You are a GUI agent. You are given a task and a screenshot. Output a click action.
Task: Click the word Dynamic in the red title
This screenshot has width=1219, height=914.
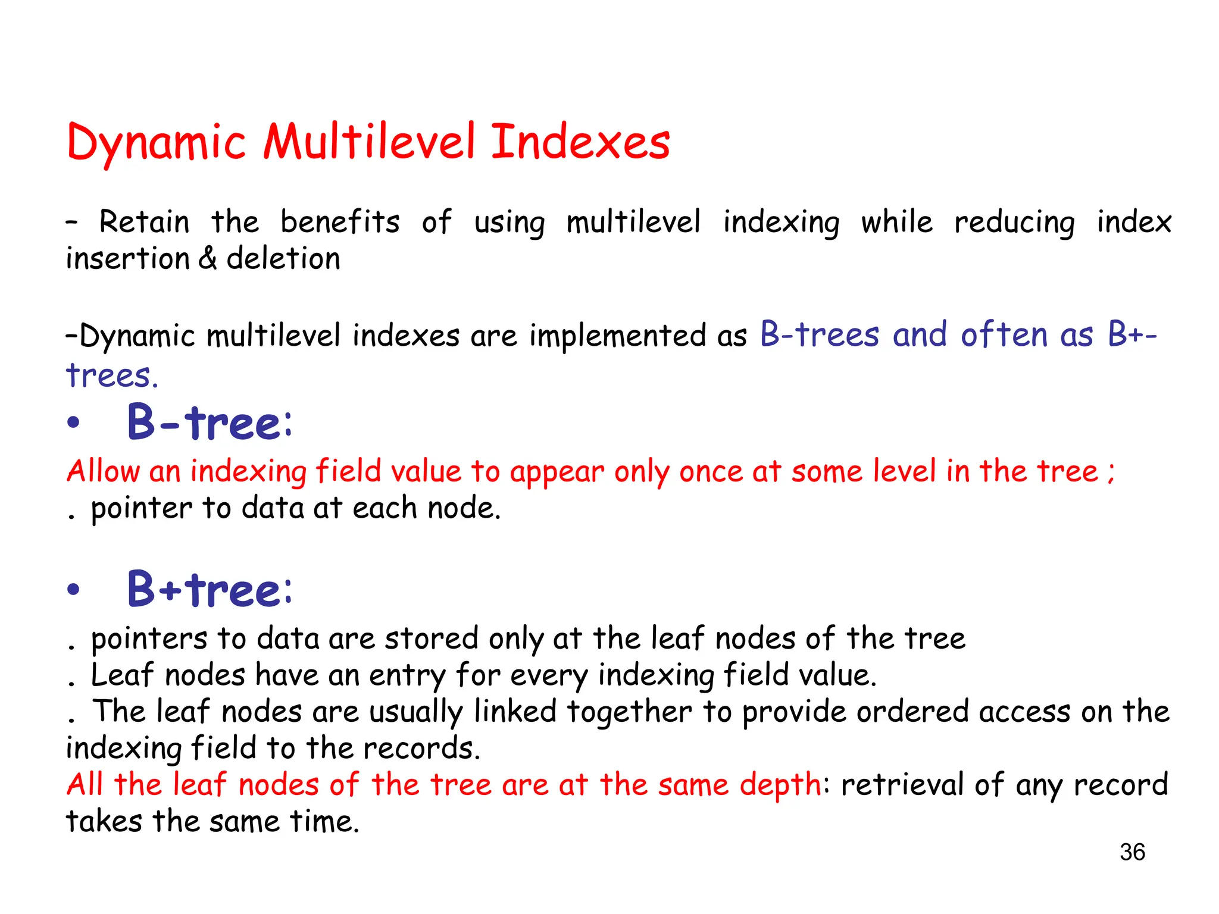[x=156, y=143]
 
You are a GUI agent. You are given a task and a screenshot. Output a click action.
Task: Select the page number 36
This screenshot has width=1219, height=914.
[x=1132, y=852]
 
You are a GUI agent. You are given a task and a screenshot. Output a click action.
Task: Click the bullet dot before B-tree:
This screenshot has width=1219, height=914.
[x=73, y=423]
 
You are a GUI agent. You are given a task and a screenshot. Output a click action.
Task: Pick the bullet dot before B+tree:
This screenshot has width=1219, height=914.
[x=73, y=590]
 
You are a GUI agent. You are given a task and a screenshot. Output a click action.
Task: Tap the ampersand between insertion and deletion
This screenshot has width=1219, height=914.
[x=208, y=259]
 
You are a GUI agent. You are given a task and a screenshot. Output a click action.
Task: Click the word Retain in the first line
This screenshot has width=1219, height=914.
[x=145, y=222]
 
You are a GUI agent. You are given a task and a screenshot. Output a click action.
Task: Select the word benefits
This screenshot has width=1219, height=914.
[x=340, y=222]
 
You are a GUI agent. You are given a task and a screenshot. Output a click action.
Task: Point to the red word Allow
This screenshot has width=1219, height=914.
[x=103, y=471]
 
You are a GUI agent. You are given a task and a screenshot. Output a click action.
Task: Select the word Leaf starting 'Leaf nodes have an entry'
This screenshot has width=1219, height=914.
[x=122, y=675]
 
